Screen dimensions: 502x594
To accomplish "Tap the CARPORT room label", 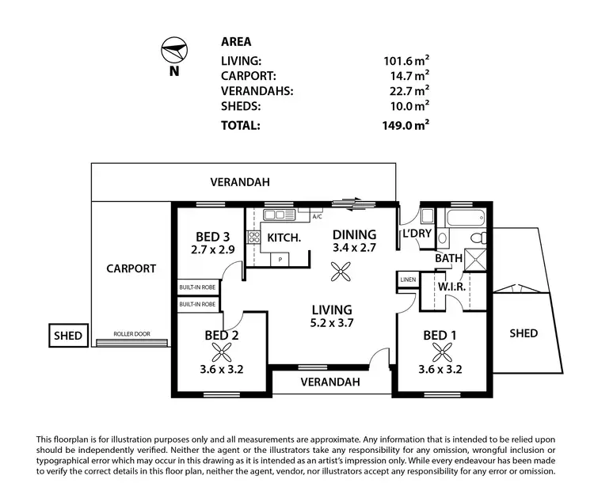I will pyautogui.click(x=131, y=268).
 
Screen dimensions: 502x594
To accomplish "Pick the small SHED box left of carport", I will pyautogui.click(x=67, y=336).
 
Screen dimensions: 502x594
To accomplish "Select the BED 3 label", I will pyautogui.click(x=213, y=235).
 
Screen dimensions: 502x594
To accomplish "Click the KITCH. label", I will pyautogui.click(x=283, y=238).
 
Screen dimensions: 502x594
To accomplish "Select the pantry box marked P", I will pyautogui.click(x=280, y=259).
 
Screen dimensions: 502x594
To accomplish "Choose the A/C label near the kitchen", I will pyautogui.click(x=317, y=215).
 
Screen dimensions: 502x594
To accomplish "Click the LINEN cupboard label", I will pyautogui.click(x=408, y=280).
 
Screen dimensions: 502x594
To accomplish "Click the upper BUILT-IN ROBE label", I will pyautogui.click(x=197, y=289).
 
